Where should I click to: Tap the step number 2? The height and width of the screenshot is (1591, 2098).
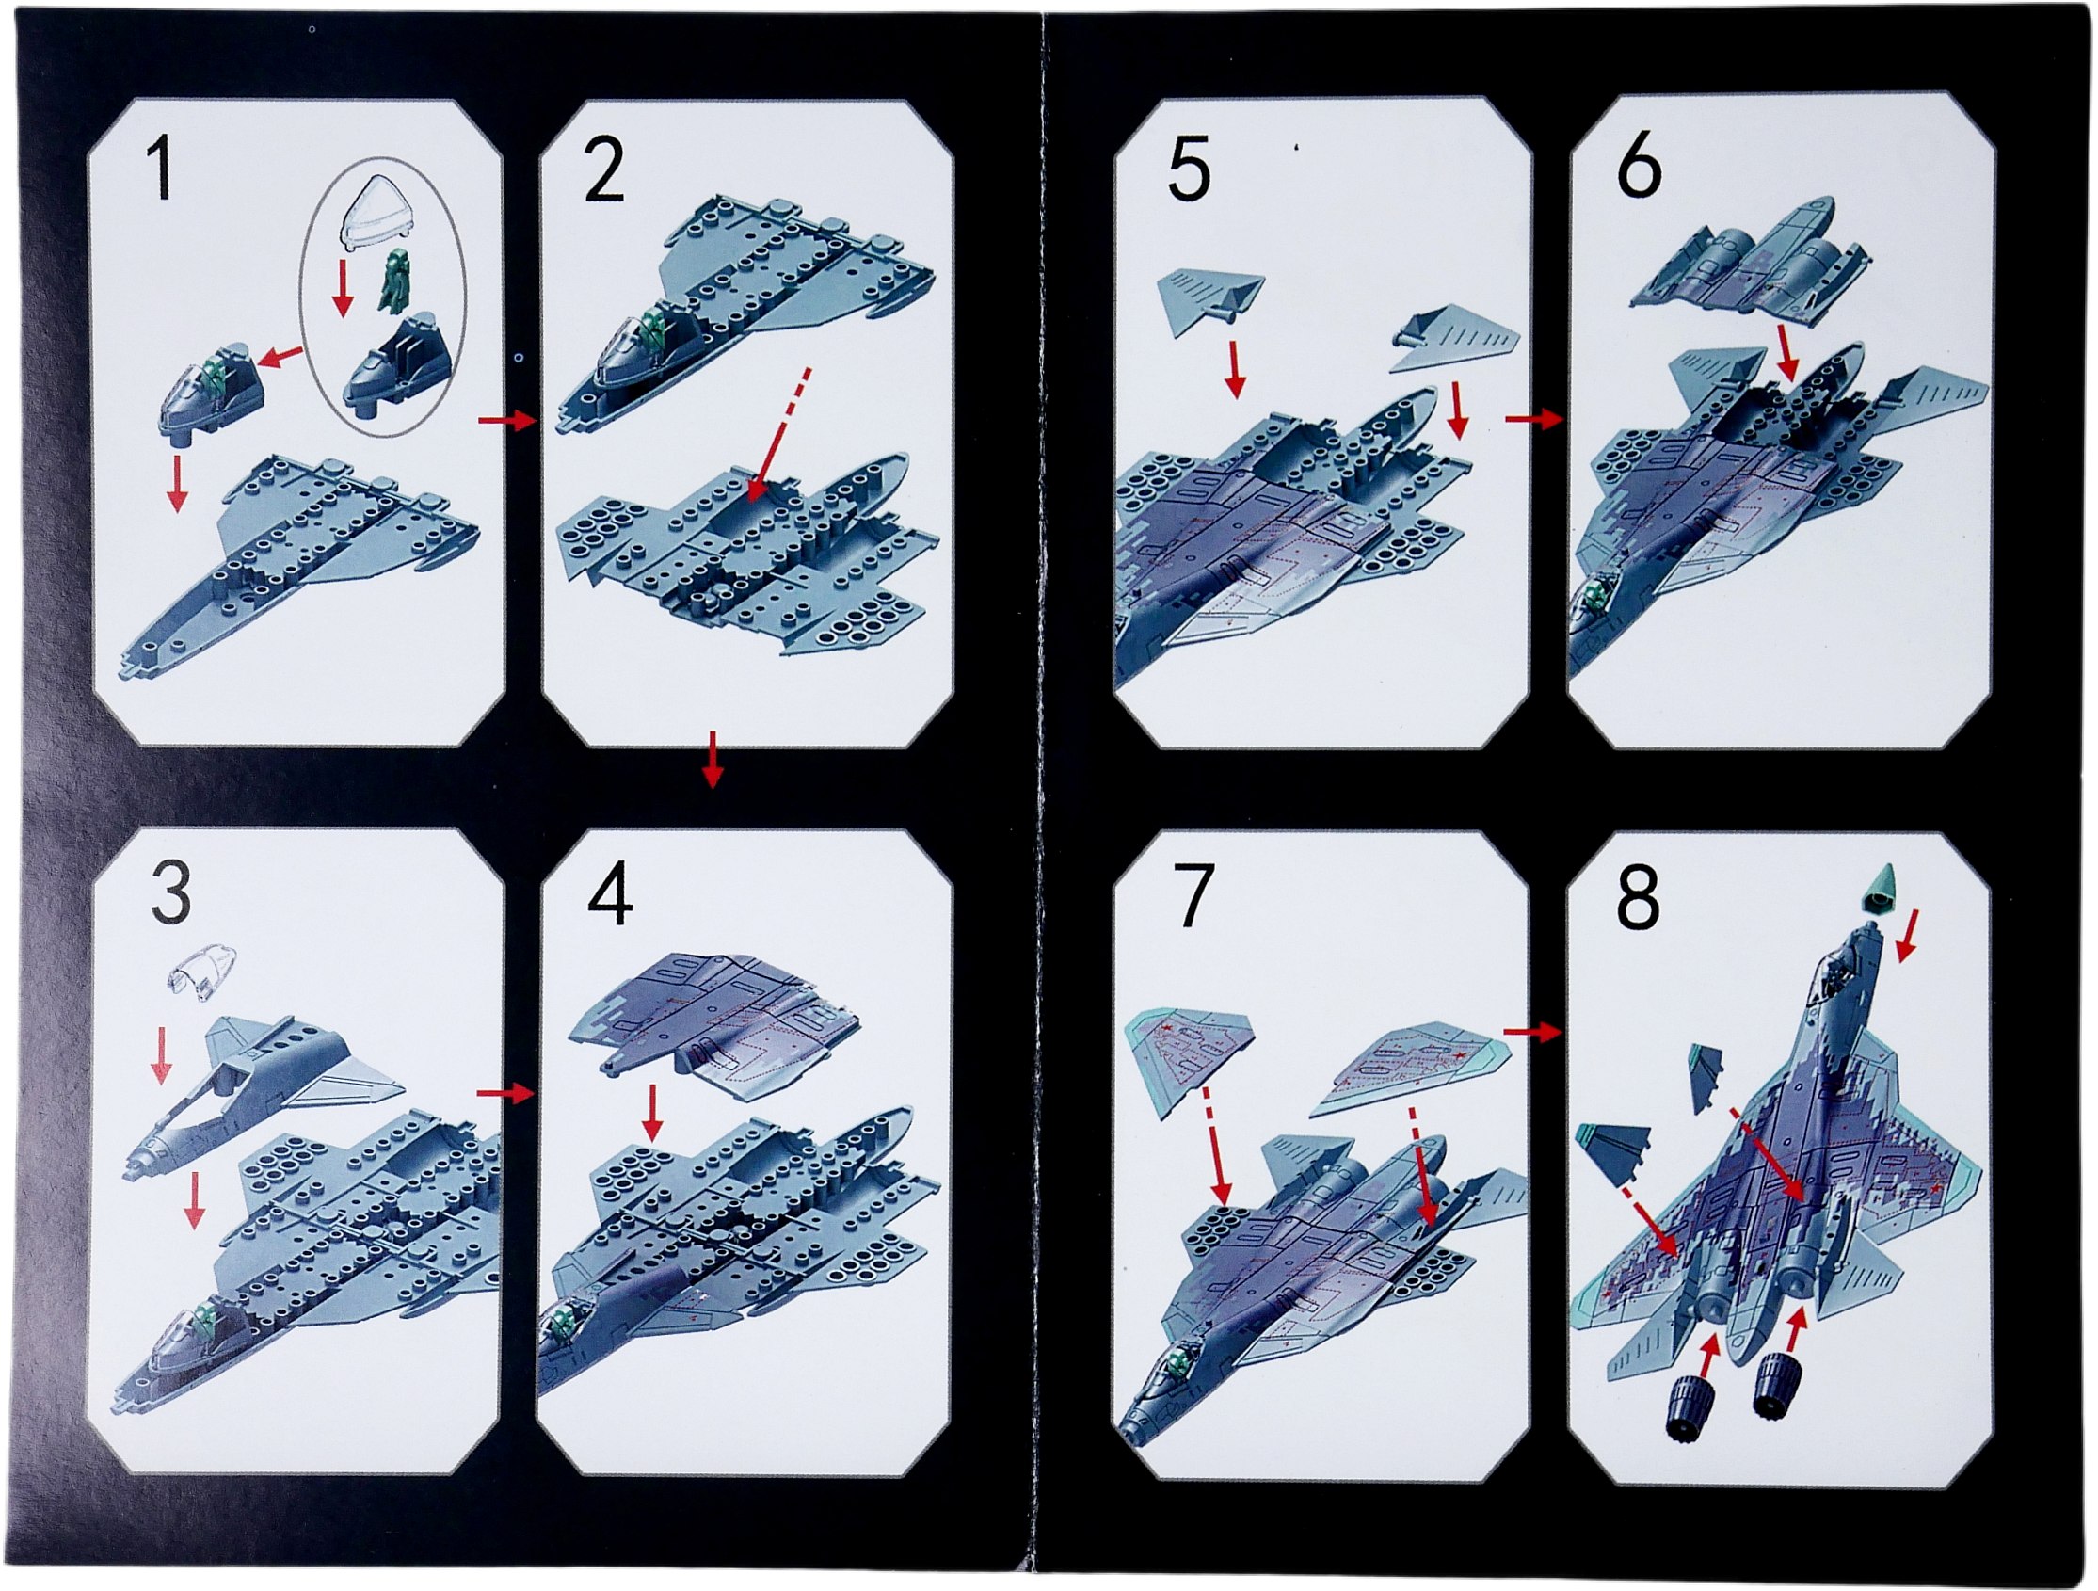click(x=604, y=168)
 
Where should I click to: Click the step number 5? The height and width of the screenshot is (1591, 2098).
click(x=1189, y=170)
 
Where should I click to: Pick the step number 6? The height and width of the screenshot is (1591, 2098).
click(x=1639, y=167)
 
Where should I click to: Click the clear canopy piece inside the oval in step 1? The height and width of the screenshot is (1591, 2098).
click(x=376, y=215)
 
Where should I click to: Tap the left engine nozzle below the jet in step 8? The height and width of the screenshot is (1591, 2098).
click(x=1693, y=1412)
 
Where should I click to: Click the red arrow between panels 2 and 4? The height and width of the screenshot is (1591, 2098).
click(x=713, y=758)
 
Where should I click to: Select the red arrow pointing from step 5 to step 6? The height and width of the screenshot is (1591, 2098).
click(x=1532, y=418)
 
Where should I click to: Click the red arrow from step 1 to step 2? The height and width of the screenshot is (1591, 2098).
click(x=507, y=420)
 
